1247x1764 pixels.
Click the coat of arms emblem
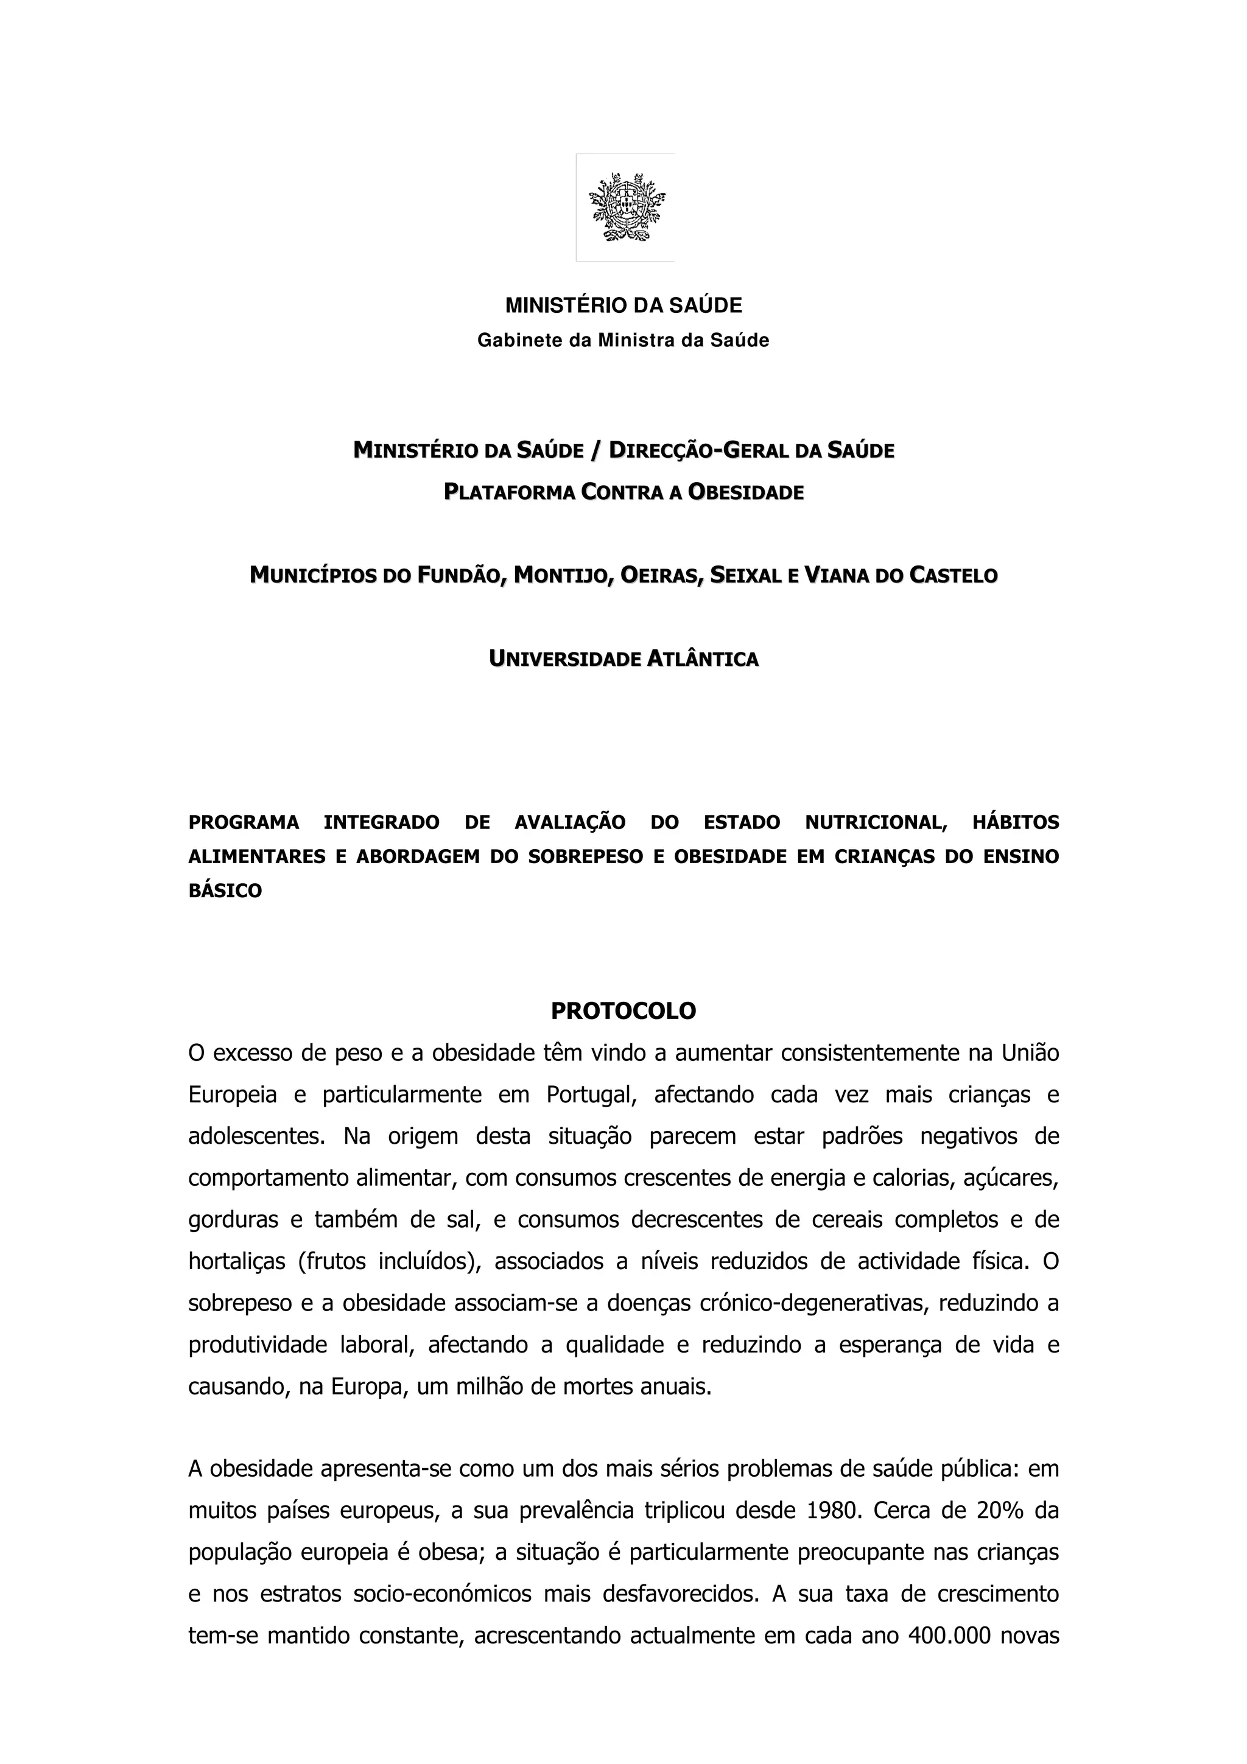pyautogui.click(x=625, y=208)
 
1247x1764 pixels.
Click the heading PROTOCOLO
pyautogui.click(x=623, y=1011)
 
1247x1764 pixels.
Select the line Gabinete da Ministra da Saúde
pyautogui.click(x=623, y=340)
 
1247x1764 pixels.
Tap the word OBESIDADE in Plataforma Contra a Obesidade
pyautogui.click(x=745, y=492)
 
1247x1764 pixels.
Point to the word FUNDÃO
pyautogui.click(x=461, y=575)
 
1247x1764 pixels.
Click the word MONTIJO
pyautogui.click(x=564, y=575)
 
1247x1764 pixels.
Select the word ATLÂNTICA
pyautogui.click(x=702, y=659)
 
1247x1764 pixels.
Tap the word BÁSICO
pyautogui.click(x=225, y=891)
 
